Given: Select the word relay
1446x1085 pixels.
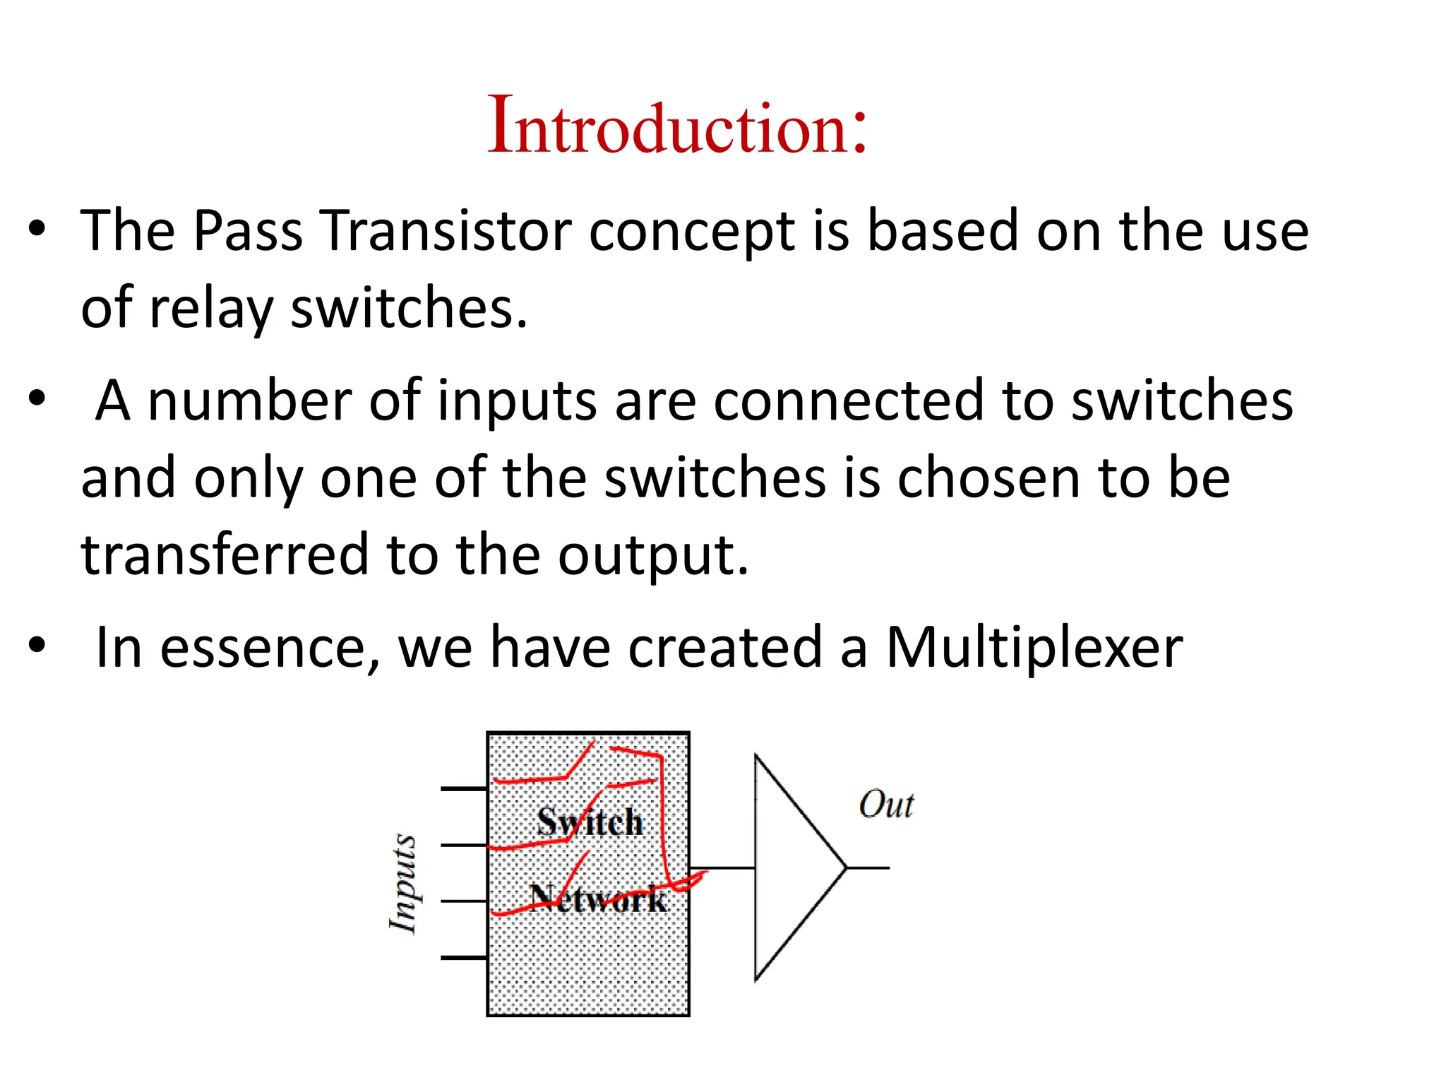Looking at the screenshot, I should coord(210,309).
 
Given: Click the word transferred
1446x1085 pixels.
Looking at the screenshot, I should coord(225,555).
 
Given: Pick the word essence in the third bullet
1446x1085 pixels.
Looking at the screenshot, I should coord(269,648).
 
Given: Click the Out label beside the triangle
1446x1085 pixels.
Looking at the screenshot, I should coord(886,805).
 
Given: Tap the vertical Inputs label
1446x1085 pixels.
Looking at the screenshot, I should coord(405,884).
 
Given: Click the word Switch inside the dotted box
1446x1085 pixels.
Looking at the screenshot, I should coord(590,822).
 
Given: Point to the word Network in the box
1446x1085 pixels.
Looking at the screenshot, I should coord(598,899).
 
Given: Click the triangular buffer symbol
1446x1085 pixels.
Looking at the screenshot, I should coord(791,867).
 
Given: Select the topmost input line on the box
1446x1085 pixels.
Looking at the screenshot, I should coord(464,788).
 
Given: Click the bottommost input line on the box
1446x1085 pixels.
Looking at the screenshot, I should coord(464,958).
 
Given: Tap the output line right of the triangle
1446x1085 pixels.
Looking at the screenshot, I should coord(868,867).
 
